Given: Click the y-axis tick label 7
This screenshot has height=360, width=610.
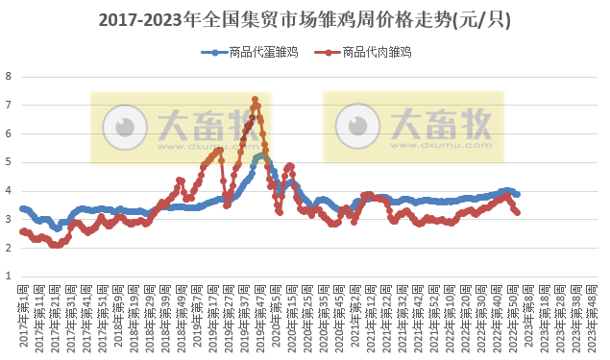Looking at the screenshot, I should [x=9, y=105].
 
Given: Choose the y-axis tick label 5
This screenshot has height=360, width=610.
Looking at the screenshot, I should [x=9, y=162].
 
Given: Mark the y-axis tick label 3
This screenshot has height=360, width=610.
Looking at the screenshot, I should [x=9, y=219].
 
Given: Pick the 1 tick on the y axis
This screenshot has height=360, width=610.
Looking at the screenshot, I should [x=9, y=276].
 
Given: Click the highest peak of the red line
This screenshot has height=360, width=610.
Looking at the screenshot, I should [x=255, y=99].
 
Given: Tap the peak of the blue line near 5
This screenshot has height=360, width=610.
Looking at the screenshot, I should [x=260, y=155].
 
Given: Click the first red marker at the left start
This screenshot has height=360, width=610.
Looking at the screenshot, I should [x=22, y=231].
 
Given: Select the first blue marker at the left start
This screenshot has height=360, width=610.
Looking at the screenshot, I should [x=22, y=208].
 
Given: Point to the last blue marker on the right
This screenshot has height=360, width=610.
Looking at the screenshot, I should [x=518, y=194].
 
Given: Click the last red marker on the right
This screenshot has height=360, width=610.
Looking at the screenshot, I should [x=518, y=212].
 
